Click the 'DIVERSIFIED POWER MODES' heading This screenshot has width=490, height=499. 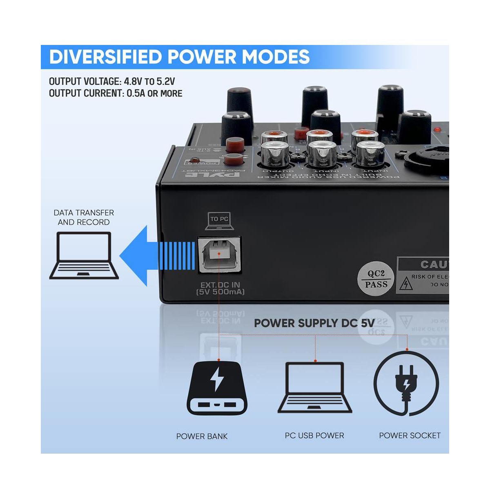[179, 57]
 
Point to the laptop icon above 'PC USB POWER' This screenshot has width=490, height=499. [315, 387]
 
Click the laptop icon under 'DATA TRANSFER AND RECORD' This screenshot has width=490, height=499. [84, 255]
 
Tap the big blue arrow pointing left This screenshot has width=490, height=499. [155, 256]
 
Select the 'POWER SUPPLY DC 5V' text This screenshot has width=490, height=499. [314, 323]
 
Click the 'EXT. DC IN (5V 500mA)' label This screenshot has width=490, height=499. [220, 289]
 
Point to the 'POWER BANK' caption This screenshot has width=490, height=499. [202, 436]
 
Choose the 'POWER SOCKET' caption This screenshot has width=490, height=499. [410, 436]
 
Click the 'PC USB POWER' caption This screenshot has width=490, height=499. [314, 436]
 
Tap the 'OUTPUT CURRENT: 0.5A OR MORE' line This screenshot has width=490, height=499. [116, 93]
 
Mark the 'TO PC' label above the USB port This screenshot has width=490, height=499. [219, 219]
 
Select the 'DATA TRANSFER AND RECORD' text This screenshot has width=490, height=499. [84, 217]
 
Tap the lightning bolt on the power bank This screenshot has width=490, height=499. [217, 380]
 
